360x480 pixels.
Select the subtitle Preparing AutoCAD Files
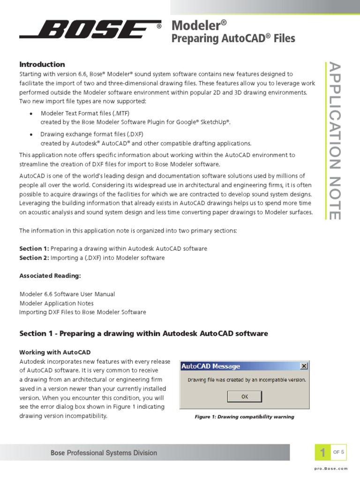pyautogui.click(x=233, y=38)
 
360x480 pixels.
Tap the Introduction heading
pyautogui.click(x=42, y=64)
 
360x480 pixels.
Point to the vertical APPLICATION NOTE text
pyautogui.click(x=333, y=141)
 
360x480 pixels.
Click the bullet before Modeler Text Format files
pyautogui.click(x=31, y=114)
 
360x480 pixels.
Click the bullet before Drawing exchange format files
pyautogui.click(x=31, y=135)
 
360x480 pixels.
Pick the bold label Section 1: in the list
pyautogui.click(x=34, y=248)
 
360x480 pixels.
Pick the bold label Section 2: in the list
pyautogui.click(x=34, y=258)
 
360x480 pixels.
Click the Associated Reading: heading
pyautogui.click(x=50, y=276)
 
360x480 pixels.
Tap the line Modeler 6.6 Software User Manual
pyautogui.click(x=67, y=294)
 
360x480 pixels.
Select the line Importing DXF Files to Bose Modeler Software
pyautogui.click(x=82, y=312)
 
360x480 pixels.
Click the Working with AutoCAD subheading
pyautogui.click(x=55, y=352)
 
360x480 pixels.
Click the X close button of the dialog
pyautogui.click(x=303, y=366)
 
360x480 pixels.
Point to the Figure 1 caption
pyautogui.click(x=244, y=417)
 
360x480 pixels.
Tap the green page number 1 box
pyautogui.click(x=322, y=453)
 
